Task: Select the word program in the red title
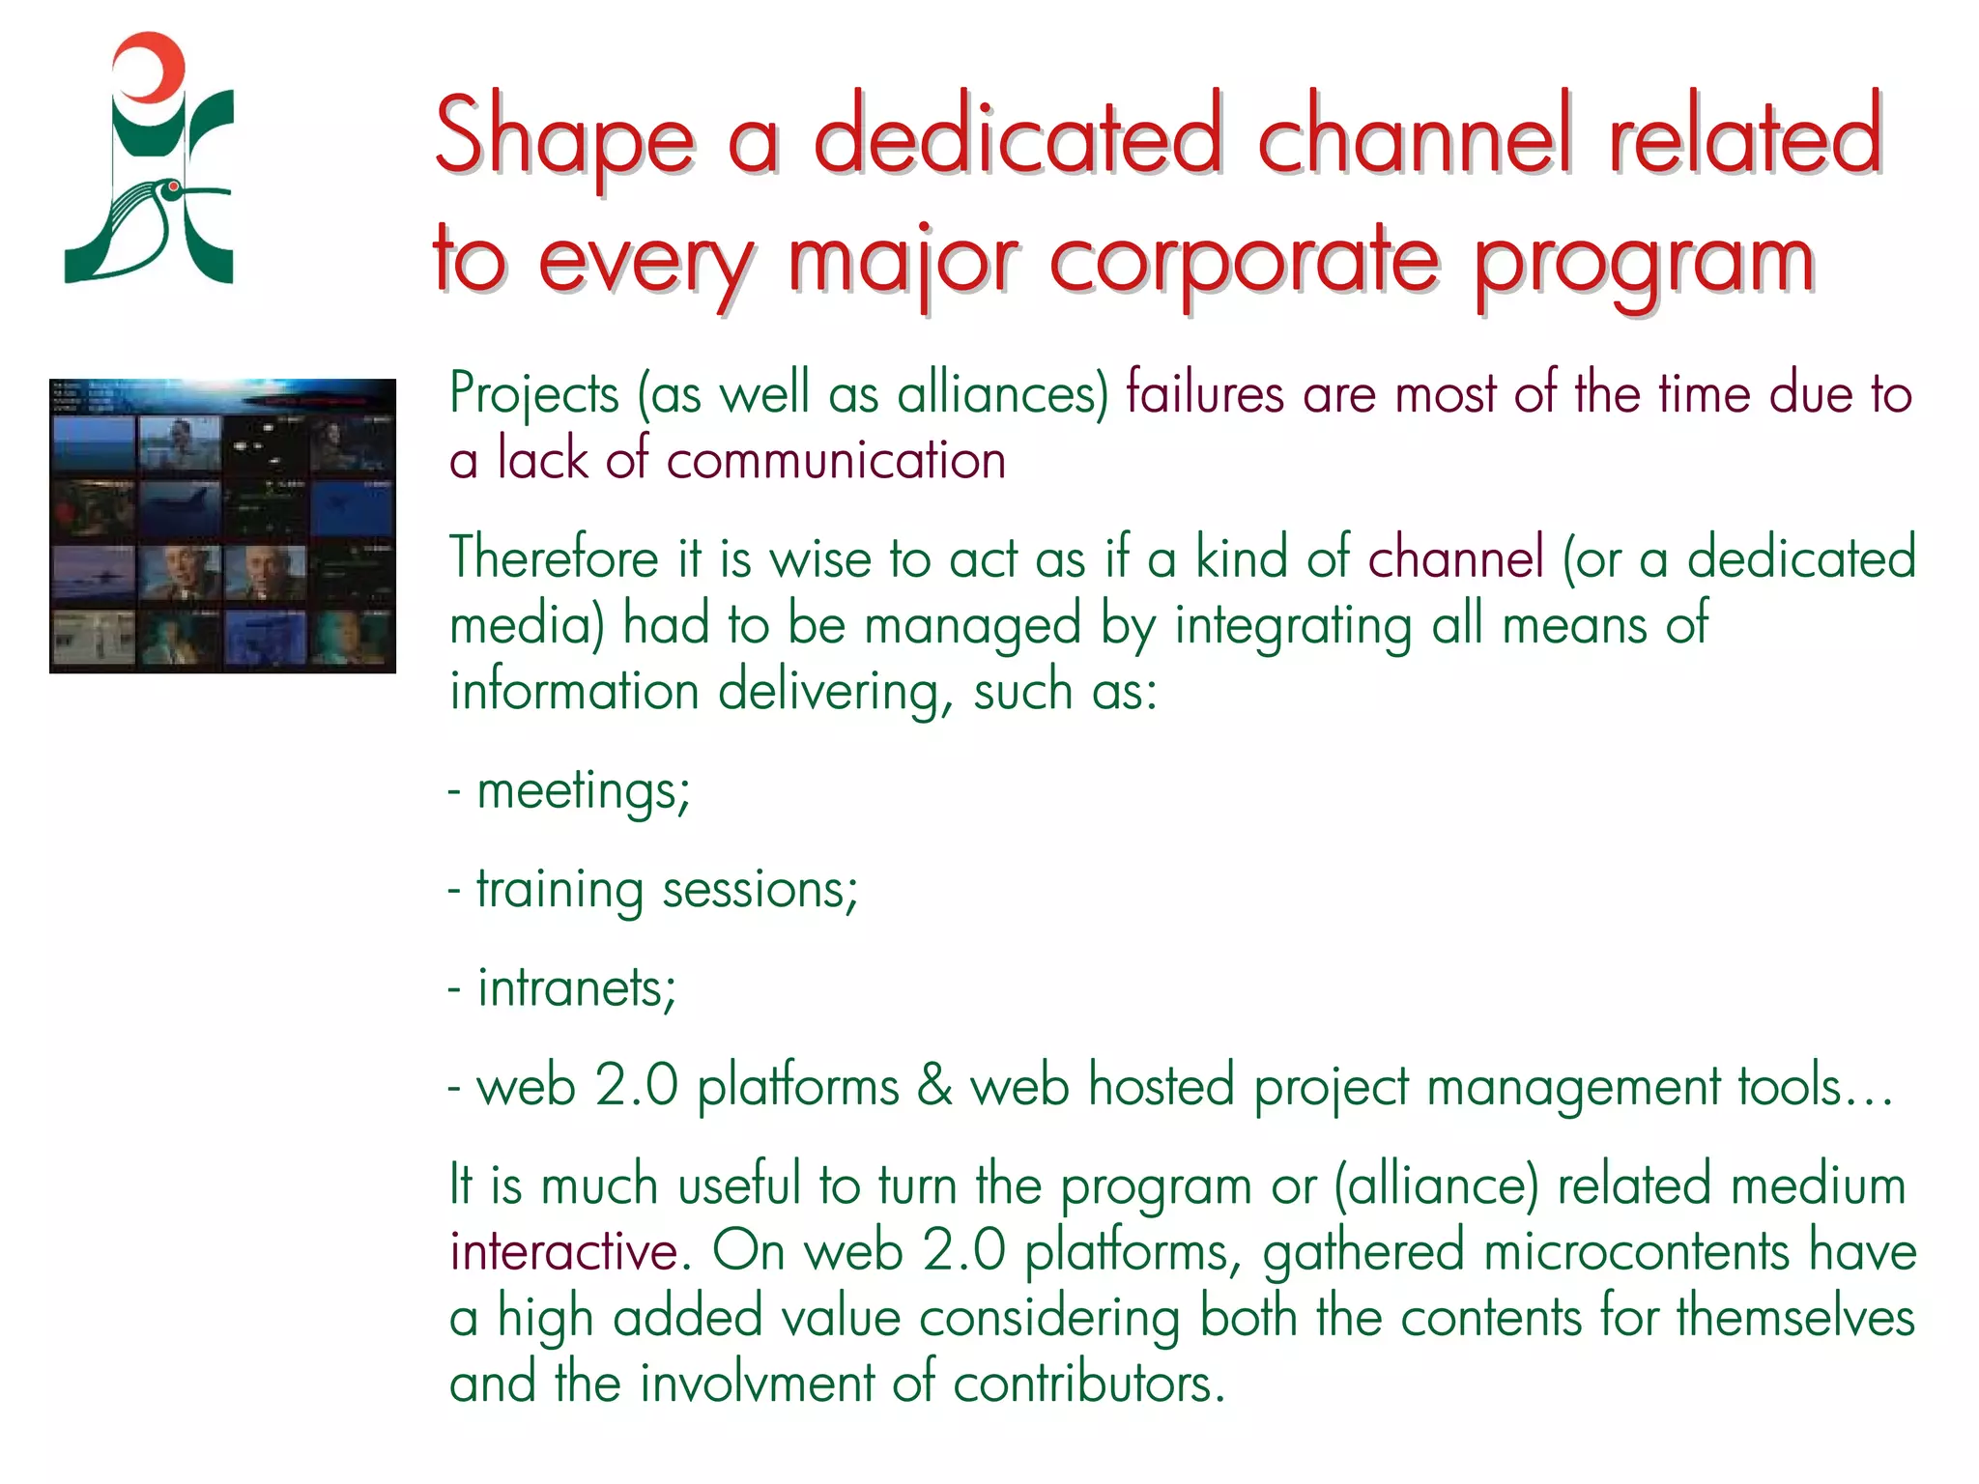[1643, 263]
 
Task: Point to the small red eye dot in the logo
[173, 185]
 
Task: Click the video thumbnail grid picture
[222, 526]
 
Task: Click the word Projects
[533, 395]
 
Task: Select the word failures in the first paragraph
[1204, 393]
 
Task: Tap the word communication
[835, 459]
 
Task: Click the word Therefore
[554, 558]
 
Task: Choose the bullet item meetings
[583, 791]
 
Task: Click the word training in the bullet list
[559, 890]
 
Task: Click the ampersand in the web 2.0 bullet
[933, 1085]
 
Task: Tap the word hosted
[1161, 1085]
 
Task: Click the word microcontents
[1636, 1251]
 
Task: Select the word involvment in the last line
[757, 1383]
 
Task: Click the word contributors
[1088, 1383]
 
